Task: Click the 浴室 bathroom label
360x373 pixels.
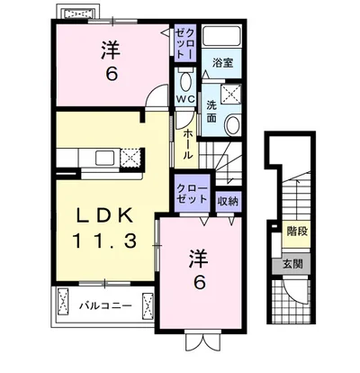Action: click(222, 63)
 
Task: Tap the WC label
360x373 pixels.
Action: click(185, 99)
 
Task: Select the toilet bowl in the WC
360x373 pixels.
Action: click(185, 82)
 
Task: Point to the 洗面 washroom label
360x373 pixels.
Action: click(211, 112)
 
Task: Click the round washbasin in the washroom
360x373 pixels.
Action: click(233, 124)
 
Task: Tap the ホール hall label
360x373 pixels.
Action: click(187, 144)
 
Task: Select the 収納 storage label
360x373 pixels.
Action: click(229, 201)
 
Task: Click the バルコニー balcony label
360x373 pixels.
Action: click(105, 306)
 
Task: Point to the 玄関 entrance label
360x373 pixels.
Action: click(292, 264)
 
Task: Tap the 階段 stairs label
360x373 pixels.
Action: click(296, 232)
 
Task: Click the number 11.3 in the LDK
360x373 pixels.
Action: click(104, 241)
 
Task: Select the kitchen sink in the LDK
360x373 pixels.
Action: click(104, 158)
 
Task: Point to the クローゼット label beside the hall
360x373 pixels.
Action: click(192, 194)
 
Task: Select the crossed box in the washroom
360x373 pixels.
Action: click(230, 95)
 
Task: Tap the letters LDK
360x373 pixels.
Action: click(104, 215)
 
